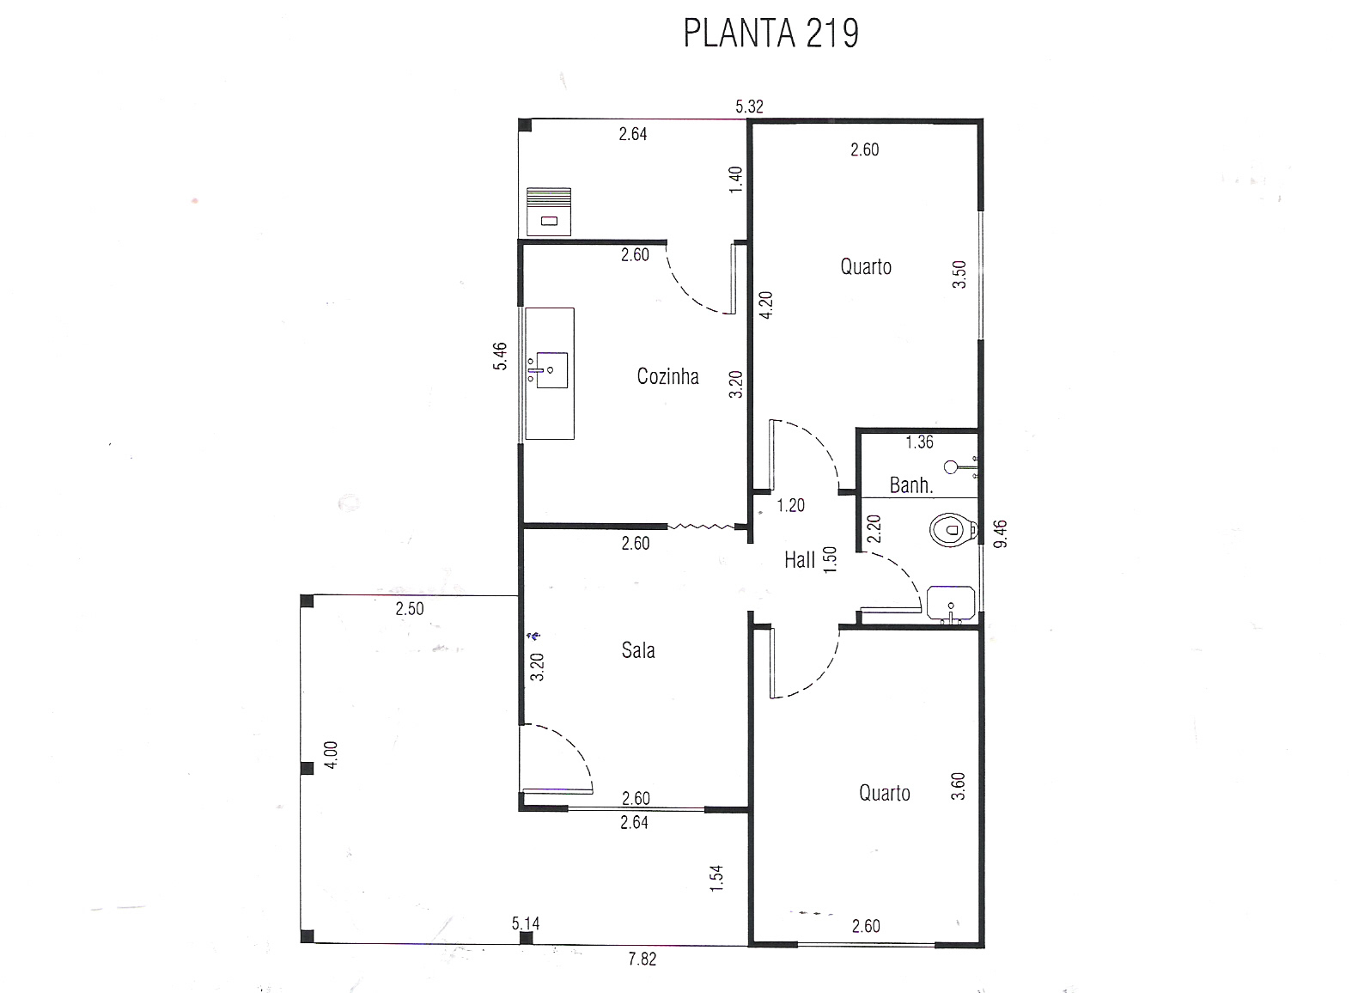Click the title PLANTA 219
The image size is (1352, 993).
coord(770,34)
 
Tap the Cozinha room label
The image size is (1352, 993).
coord(667,377)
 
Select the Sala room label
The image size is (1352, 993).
coord(638,650)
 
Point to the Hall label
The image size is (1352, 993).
coord(799,560)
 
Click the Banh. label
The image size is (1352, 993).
coord(910,484)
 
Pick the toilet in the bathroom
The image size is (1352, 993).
coord(953,529)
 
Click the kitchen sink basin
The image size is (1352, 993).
coord(551,370)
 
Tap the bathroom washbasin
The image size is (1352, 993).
coord(951,603)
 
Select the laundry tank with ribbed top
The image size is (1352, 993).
coord(549,211)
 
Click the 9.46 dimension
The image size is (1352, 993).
coord(1000,533)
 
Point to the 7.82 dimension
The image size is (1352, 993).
coord(642,959)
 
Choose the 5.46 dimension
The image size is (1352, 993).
coord(500,356)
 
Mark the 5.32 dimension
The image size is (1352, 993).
coord(749,107)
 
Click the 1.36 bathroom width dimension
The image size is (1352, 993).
coord(919,442)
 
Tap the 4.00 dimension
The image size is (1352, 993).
coord(331,754)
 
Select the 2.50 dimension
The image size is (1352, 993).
coord(409,608)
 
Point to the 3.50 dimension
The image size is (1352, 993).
coord(959,275)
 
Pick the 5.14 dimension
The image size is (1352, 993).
coord(525,923)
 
